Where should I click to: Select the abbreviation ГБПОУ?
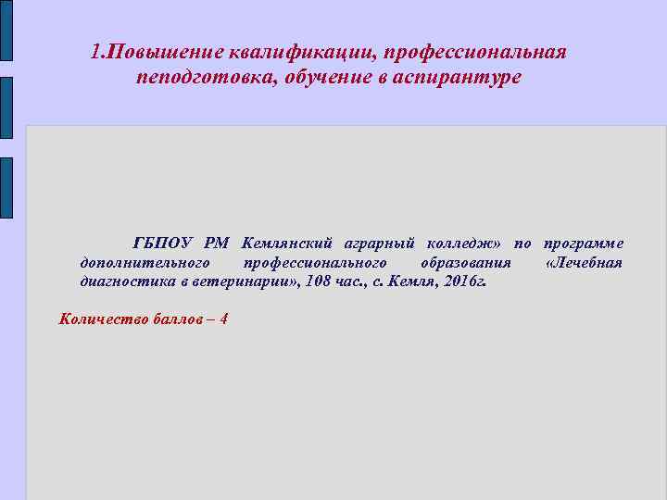(163, 244)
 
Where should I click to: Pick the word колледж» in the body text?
(464, 244)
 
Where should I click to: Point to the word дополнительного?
(147, 263)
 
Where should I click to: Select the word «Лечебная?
(585, 263)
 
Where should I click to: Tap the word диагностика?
(127, 282)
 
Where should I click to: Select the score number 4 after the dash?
(223, 319)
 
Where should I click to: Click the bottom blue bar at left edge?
(6, 187)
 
